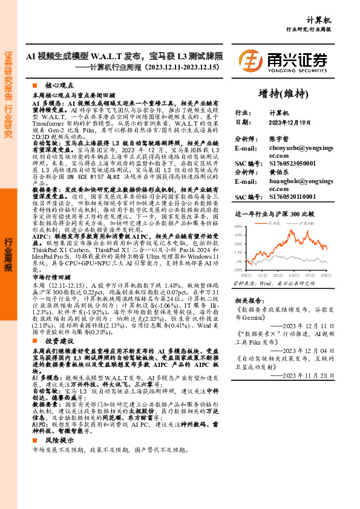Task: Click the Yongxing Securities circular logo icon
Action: pos(250,62)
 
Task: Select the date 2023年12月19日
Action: pos(292,122)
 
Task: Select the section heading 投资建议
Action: pos(59,341)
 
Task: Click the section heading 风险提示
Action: pos(59,441)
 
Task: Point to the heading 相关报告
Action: pos(247,299)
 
